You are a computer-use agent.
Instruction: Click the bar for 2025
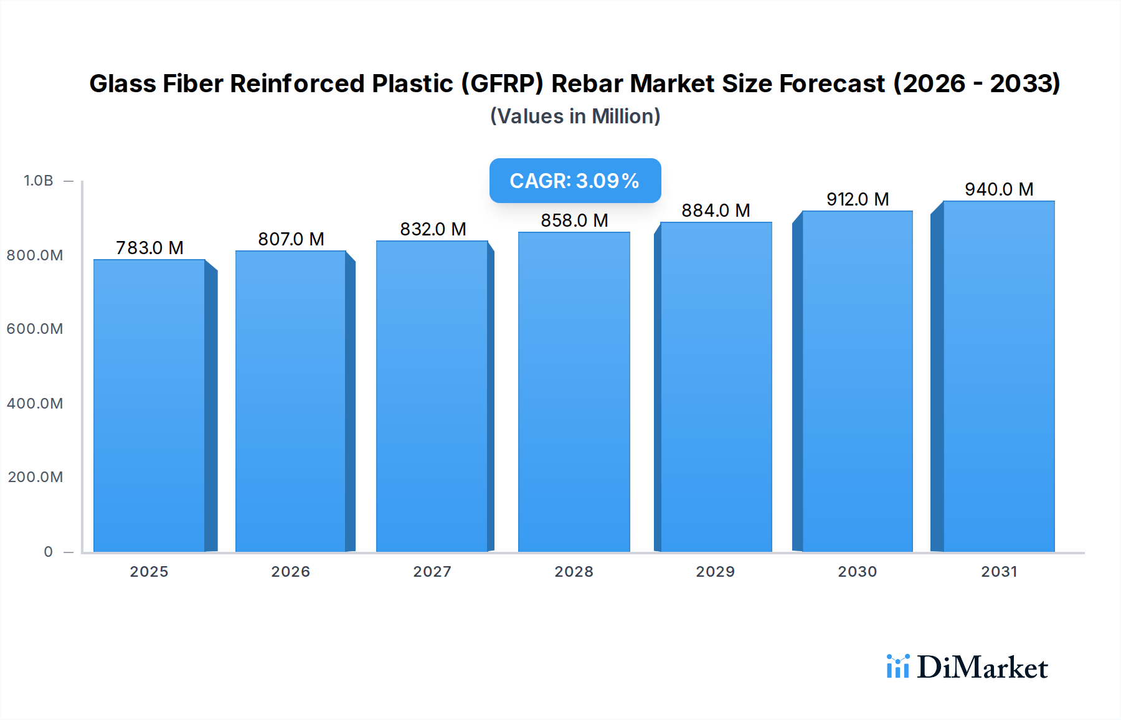point(149,405)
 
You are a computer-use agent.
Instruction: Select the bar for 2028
point(574,392)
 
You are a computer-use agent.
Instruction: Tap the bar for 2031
point(998,377)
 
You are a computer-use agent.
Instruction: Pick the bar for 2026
point(291,402)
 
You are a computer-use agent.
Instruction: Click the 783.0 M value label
point(149,248)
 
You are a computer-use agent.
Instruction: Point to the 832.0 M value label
point(433,229)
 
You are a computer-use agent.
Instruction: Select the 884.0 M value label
point(716,211)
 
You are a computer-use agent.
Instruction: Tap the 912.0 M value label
point(858,199)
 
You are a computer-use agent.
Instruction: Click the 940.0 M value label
point(999,189)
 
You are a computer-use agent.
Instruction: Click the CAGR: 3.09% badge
point(575,181)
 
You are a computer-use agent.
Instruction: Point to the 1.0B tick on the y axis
point(39,181)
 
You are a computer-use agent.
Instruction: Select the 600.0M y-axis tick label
point(35,329)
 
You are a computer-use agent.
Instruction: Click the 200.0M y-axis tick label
point(35,477)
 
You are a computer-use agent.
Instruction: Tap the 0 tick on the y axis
point(49,552)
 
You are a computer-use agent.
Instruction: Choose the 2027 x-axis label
point(432,572)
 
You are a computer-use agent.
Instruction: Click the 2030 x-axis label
point(857,572)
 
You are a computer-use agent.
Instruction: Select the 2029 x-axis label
point(715,572)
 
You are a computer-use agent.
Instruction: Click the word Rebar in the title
point(587,83)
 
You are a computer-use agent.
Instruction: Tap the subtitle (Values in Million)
point(575,116)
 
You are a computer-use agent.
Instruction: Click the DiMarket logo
point(967,667)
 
